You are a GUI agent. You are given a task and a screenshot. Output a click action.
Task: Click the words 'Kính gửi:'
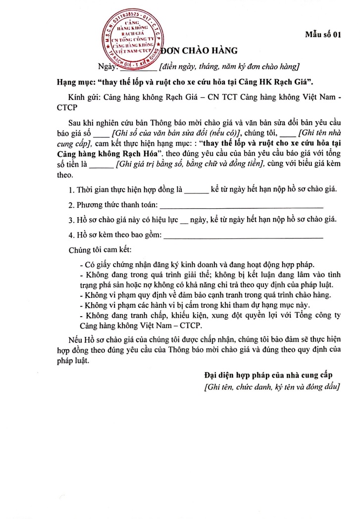click(x=85, y=98)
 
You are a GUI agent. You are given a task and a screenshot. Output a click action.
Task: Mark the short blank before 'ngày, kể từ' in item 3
click(x=184, y=221)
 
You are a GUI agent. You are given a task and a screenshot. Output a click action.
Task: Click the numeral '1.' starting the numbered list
click(x=72, y=190)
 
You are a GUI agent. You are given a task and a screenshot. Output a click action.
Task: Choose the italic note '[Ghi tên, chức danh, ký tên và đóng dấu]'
click(x=272, y=387)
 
